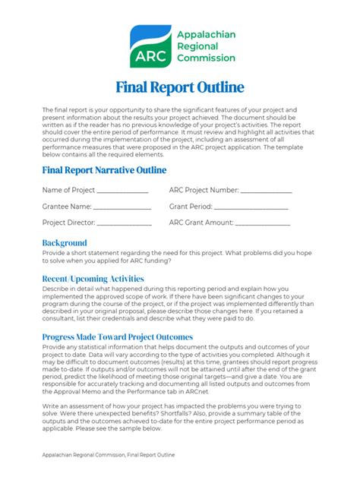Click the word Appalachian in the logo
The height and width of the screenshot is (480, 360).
pyautogui.click(x=205, y=34)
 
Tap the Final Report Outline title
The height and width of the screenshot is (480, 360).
pyautogui.click(x=180, y=87)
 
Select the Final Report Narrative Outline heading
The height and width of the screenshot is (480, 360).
pyautogui.click(x=104, y=170)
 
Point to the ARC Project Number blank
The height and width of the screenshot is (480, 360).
pyautogui.click(x=266, y=191)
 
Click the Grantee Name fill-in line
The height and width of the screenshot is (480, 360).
pyautogui.click(x=122, y=207)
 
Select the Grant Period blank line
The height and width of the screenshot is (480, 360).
pyautogui.click(x=251, y=207)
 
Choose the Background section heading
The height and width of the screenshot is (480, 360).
pyautogui.click(x=65, y=243)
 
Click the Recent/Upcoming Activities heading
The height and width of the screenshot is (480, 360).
pyautogui.click(x=93, y=279)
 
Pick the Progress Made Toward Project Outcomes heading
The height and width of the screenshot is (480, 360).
pyautogui.click(x=118, y=336)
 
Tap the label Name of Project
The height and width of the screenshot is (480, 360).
pyautogui.click(x=68, y=190)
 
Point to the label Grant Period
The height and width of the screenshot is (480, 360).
pyautogui.click(x=190, y=206)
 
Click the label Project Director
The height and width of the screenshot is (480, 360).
pyautogui.click(x=69, y=223)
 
